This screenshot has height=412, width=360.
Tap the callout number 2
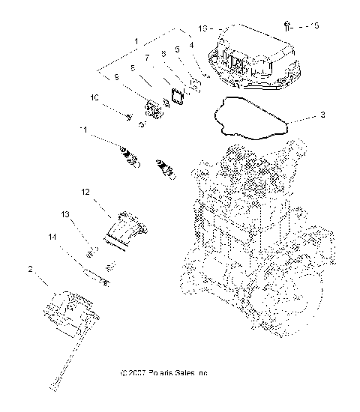30,269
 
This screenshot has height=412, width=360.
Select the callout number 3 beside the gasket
322,115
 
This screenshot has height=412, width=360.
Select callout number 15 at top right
314,25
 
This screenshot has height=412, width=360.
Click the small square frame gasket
177,97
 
